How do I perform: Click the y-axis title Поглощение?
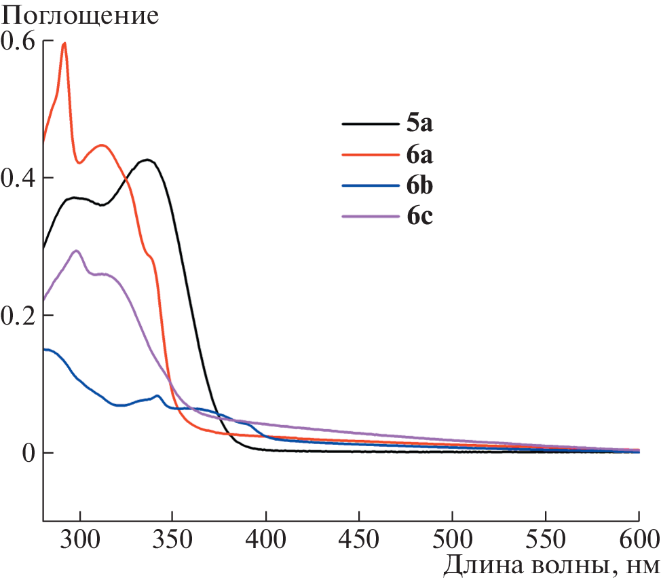(80, 16)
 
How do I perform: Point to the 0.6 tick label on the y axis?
(19, 41)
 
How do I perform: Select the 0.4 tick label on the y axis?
(19, 178)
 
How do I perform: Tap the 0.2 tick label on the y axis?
(19, 315)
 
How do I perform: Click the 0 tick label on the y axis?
(27, 453)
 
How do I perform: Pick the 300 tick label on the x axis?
(80, 541)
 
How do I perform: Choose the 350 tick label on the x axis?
(173, 541)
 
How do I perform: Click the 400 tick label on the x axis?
(266, 541)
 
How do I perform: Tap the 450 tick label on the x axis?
(360, 541)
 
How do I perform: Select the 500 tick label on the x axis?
(453, 541)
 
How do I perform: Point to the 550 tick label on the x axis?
(546, 541)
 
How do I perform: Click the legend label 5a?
(420, 124)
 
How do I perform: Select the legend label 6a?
(420, 155)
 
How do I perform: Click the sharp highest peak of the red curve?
(64, 43)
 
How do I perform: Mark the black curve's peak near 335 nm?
(147, 160)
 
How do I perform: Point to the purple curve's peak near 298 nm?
(77, 251)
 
